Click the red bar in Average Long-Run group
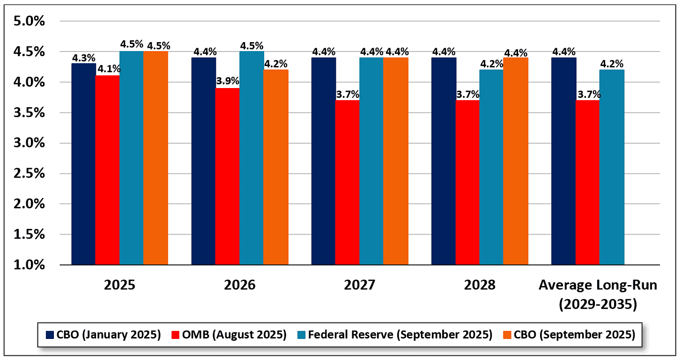[x=587, y=183]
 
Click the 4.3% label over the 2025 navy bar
[x=84, y=58]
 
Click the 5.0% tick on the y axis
[x=30, y=21]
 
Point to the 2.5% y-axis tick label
[x=30, y=174]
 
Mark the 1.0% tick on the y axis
[x=30, y=265]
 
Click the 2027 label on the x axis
[x=360, y=285]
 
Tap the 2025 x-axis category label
[x=120, y=285]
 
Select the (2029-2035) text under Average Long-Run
[x=598, y=304]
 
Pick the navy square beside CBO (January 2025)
[x=50, y=335]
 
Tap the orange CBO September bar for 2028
[x=515, y=161]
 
